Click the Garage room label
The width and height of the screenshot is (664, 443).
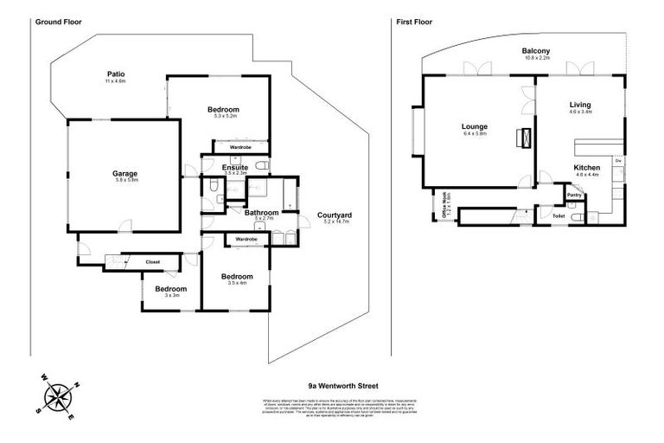(x=124, y=174)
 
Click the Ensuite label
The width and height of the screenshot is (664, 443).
(x=235, y=167)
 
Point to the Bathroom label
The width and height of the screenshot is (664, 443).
(x=260, y=212)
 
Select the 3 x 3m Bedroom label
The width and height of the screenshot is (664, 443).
(x=170, y=289)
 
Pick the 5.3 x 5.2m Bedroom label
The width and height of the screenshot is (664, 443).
(x=223, y=109)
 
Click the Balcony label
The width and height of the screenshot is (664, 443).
(x=536, y=51)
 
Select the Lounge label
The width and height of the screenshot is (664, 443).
(x=475, y=126)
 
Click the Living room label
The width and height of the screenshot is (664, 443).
(x=579, y=105)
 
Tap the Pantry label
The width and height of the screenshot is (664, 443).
(x=573, y=196)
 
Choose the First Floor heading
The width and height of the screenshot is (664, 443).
(x=413, y=18)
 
